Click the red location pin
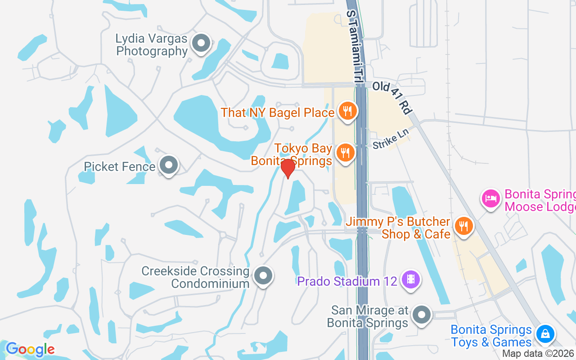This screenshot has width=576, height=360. point(288,168)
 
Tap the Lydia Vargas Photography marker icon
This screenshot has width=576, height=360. point(201,44)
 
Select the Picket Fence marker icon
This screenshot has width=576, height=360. point(169,165)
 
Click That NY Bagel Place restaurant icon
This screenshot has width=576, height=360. point(347,111)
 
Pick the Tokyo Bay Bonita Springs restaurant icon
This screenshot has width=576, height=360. point(345,153)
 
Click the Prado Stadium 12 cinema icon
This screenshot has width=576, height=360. point(410,279)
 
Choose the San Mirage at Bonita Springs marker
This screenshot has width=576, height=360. point(422,315)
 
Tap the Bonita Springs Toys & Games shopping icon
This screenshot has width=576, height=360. point(545,334)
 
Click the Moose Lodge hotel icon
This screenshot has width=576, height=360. point(491,198)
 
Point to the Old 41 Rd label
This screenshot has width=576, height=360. point(392,97)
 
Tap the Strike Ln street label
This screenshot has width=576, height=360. point(391,139)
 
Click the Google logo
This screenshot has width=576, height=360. point(30,349)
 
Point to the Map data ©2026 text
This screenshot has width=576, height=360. point(538,354)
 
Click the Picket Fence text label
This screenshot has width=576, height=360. point(120,167)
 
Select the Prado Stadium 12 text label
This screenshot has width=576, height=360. point(347,282)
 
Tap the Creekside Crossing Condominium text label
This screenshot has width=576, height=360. point(195,277)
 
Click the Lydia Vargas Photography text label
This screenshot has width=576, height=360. point(151,45)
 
